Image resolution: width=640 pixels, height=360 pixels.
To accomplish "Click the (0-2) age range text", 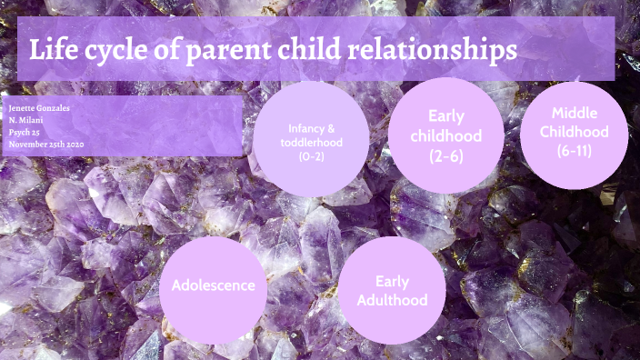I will (x=312, y=156).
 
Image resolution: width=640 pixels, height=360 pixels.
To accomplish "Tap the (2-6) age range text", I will (x=446, y=155).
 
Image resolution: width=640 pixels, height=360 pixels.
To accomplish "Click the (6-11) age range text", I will (x=575, y=151).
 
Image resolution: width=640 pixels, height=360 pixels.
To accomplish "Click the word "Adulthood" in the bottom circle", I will (x=392, y=300).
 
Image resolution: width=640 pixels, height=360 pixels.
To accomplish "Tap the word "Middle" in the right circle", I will (x=575, y=113).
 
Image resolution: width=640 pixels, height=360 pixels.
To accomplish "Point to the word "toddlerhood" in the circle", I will (x=312, y=142).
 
